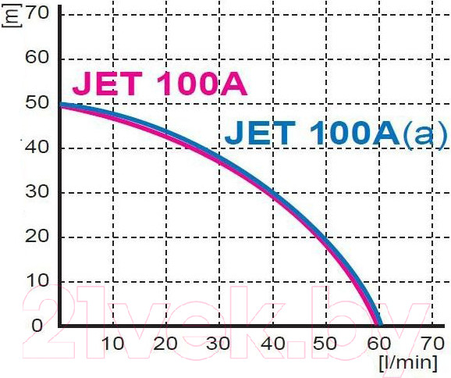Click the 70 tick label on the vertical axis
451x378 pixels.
click(38, 13)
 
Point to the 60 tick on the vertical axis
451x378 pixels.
click(38, 58)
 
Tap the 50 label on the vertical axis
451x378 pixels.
click(38, 102)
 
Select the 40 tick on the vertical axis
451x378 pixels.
click(38, 148)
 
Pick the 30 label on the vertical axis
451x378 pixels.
click(38, 192)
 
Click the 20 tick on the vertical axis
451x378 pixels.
click(38, 237)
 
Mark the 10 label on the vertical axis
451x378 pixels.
click(38, 281)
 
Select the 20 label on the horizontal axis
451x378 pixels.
click(166, 344)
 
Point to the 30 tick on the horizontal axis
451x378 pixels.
click(219, 344)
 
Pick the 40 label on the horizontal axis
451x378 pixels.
click(272, 344)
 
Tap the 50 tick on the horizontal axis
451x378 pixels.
click(326, 344)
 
